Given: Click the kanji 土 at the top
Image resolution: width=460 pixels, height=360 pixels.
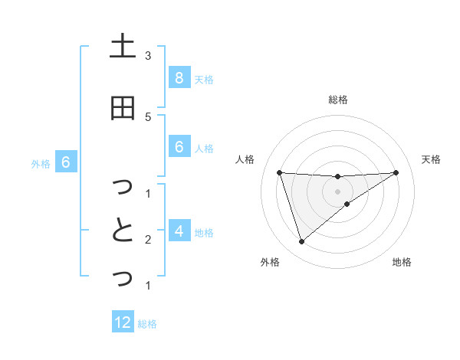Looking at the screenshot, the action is pos(122,47).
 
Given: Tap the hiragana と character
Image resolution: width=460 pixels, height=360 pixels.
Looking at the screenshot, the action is pos(122,231).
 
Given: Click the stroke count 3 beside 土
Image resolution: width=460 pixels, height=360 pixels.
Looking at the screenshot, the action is pos(148,56).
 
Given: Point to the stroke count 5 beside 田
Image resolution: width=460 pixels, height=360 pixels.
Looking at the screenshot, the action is pos(148,116).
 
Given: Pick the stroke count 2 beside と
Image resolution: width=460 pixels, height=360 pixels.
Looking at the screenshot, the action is pos(148,240).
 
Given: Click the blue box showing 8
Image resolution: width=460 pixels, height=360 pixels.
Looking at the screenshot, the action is pos(179,77).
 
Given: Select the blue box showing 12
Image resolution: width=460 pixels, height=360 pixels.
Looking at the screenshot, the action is pos(123,322).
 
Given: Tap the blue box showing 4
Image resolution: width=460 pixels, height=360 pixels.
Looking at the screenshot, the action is pos(179,231).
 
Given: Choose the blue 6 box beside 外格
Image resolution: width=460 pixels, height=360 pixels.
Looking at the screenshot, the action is pos(65,162).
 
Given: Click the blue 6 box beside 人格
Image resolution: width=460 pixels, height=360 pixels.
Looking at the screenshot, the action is pos(179,147).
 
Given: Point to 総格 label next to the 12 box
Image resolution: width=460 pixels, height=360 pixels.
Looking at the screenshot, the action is pos(147,324).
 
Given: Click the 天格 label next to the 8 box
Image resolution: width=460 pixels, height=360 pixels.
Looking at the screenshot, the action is pos(204,79).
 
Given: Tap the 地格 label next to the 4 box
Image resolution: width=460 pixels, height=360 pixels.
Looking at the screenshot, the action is pos(204,232).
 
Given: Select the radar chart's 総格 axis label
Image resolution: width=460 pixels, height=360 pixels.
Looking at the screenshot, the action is pos(338,100).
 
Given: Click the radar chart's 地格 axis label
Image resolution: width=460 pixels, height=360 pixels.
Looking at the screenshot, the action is pos(402,262).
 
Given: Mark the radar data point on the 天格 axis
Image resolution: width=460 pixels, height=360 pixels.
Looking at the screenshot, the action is pos(396,172).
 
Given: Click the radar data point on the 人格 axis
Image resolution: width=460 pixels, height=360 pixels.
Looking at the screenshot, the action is pos(280,172).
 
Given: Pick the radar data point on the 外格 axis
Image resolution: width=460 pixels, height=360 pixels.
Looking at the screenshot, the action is pos(301,242).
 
